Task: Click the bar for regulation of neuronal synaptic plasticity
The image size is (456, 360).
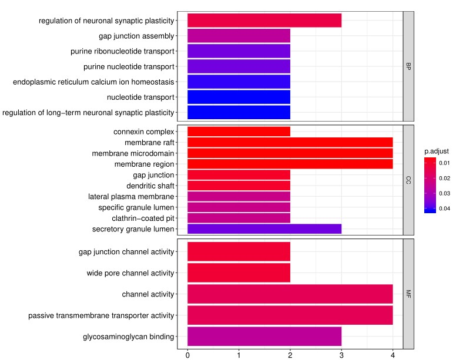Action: pos(264,21)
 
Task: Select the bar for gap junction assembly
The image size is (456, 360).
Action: pos(239,36)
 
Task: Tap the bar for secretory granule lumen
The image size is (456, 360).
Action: pos(264,228)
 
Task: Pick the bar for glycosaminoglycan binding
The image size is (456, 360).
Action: pos(264,337)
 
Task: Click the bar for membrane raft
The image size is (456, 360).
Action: pos(290,142)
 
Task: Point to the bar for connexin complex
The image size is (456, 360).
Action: pos(239,132)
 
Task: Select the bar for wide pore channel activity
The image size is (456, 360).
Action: pos(239,272)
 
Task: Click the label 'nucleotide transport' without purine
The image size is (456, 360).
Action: pos(140,97)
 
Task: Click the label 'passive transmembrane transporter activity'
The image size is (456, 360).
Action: pos(101,316)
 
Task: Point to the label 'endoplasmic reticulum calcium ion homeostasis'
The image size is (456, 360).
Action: pos(93,82)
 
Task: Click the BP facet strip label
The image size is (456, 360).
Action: pos(408,66)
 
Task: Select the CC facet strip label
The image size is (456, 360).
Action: pos(408,180)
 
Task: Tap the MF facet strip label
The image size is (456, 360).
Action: pos(408,294)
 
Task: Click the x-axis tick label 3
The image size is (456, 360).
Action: pos(341,355)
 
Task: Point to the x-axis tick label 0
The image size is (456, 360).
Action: pos(187,355)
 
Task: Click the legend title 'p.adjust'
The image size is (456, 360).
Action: pos(437,151)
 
